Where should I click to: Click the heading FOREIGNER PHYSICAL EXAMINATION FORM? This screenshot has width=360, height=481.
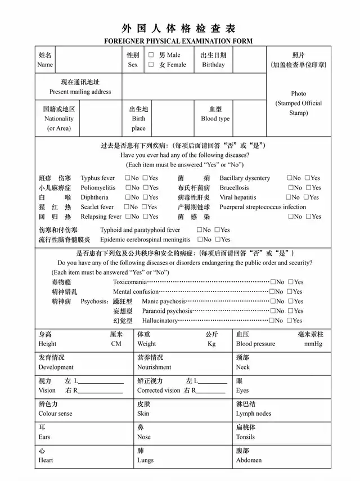pyautogui.click(x=179, y=41)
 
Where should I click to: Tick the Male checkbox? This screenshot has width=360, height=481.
pyautogui.click(x=151, y=55)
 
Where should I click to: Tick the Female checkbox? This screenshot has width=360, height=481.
pyautogui.click(x=151, y=65)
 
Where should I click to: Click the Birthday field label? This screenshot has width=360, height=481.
pyautogui.click(x=213, y=65)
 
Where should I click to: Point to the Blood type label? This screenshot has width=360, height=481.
pyautogui.click(x=215, y=119)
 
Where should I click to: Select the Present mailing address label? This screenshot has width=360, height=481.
pyautogui.click(x=80, y=92)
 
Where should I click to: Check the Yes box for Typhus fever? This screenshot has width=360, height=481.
pyautogui.click(x=145, y=178)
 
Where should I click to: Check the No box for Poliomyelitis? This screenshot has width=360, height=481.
pyautogui.click(x=128, y=188)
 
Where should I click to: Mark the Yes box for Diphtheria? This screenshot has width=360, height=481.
pyautogui.click(x=145, y=197)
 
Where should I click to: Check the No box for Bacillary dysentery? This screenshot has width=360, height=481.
pyautogui.click(x=289, y=178)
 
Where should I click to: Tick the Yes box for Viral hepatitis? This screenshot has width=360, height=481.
pyautogui.click(x=307, y=197)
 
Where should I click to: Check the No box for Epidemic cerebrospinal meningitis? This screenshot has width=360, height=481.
pyautogui.click(x=199, y=240)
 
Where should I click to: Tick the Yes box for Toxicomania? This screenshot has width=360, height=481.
pyautogui.click(x=291, y=282)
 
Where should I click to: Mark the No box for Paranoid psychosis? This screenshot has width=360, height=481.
pyautogui.click(x=273, y=311)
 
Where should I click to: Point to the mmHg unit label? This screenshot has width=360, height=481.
pyautogui.click(x=313, y=344)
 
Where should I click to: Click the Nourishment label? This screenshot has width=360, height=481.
pyautogui.click(x=154, y=367)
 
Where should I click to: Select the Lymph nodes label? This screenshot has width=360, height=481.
pyautogui.click(x=254, y=413)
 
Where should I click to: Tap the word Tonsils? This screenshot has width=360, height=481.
pyautogui.click(x=245, y=437)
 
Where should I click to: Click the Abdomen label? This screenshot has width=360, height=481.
pyautogui.click(x=249, y=460)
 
